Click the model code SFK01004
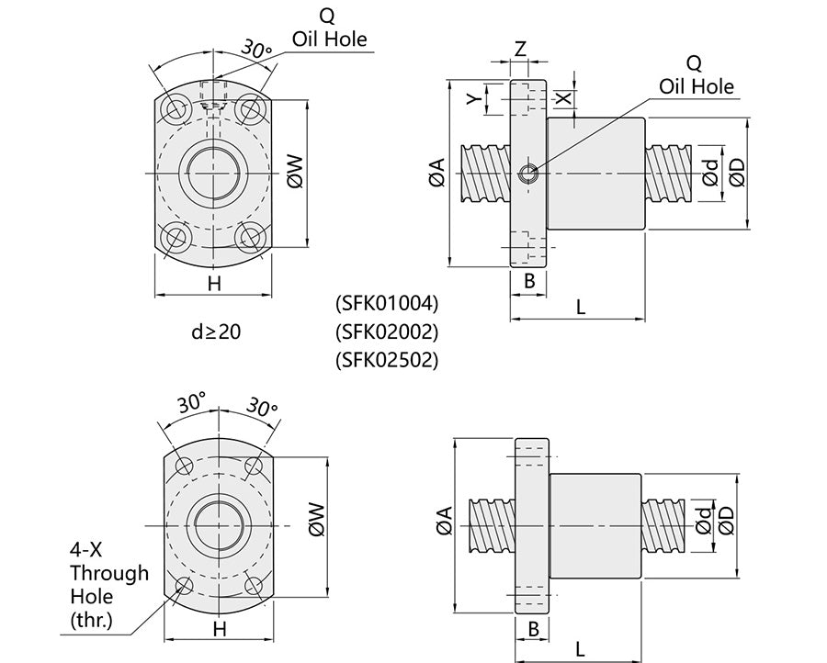click(388, 302)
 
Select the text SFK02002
click(388, 331)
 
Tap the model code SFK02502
click(388, 360)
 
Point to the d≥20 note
click(216, 331)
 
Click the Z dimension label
click(520, 50)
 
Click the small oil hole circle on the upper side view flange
click(527, 174)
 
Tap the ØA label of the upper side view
click(436, 173)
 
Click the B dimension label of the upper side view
click(529, 282)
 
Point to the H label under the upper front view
click(214, 284)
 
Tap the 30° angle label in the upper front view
click(255, 48)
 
